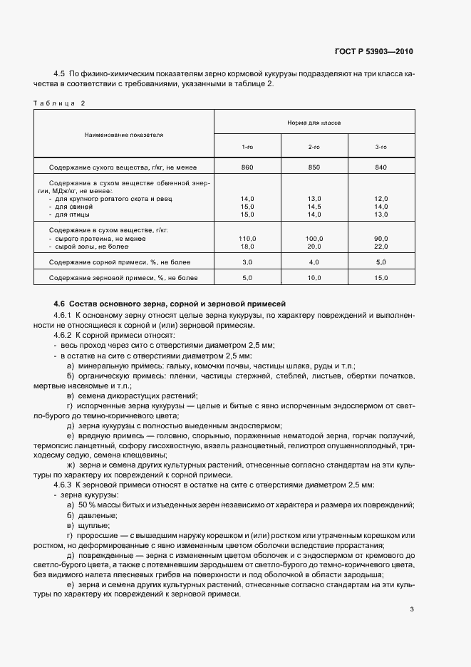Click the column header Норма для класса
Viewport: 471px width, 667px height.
point(314,123)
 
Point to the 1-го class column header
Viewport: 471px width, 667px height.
point(247,146)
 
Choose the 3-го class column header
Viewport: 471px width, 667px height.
point(381,146)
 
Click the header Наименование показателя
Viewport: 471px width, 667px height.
point(124,134)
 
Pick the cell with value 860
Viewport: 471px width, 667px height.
point(247,167)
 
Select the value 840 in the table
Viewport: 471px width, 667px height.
point(381,167)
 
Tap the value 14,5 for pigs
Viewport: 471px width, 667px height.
point(314,206)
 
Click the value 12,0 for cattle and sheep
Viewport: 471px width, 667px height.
point(381,198)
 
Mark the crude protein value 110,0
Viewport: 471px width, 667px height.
point(247,238)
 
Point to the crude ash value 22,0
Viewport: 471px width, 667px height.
point(381,246)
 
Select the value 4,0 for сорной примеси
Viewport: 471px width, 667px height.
point(314,262)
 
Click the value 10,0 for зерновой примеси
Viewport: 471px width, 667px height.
point(314,278)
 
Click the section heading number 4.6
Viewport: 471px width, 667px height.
point(59,304)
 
